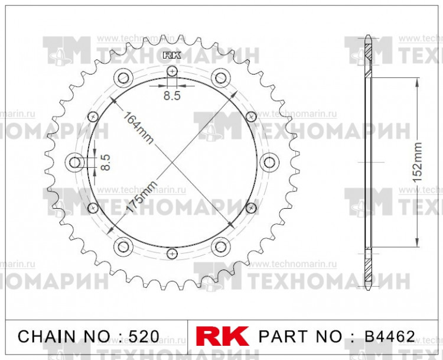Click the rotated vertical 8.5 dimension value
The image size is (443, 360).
[105, 162]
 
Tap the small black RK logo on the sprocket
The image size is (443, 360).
[172, 56]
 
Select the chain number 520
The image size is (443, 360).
[144, 337]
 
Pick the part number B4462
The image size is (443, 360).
[390, 337]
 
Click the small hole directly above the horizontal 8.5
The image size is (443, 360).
[172, 72]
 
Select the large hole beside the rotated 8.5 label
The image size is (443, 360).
[76, 162]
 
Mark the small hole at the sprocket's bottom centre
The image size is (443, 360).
[172, 253]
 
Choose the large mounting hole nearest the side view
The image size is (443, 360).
[269, 162]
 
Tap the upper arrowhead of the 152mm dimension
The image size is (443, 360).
[417, 82]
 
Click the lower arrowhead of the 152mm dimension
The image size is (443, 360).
[417, 242]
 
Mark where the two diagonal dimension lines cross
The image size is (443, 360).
[172, 162]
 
